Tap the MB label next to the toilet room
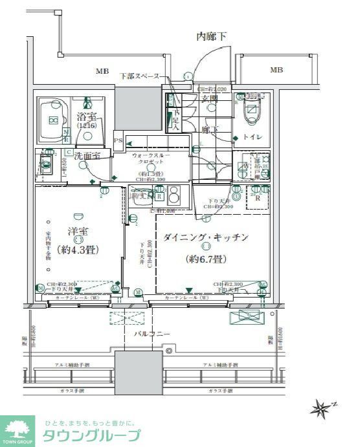coord(276,70)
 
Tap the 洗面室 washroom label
coord(85,156)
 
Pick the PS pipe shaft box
coord(118,140)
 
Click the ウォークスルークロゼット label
coord(150,160)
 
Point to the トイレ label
coord(253,137)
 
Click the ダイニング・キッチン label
coord(206,237)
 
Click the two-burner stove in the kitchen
coord(174,196)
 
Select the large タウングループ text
coord(91,435)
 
